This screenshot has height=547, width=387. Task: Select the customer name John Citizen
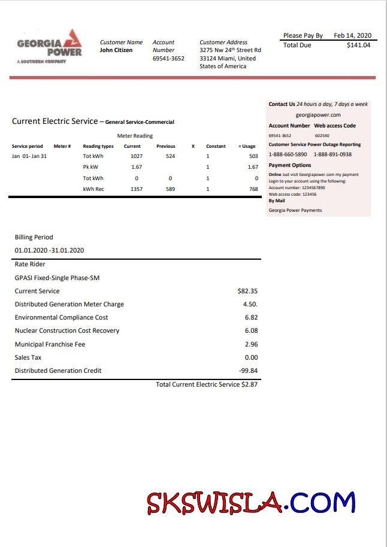(x=116, y=50)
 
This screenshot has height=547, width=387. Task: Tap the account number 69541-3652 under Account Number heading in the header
(x=168, y=59)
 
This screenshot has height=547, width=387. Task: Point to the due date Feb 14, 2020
(x=352, y=36)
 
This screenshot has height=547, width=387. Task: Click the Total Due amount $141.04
(x=358, y=45)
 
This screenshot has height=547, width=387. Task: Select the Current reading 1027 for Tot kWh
(x=137, y=156)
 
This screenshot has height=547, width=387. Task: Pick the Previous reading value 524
(x=170, y=156)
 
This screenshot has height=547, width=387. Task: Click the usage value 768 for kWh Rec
(x=253, y=189)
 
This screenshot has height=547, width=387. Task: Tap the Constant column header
(x=216, y=146)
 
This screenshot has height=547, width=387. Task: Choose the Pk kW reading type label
(x=90, y=167)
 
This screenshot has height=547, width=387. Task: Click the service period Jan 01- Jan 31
(x=29, y=156)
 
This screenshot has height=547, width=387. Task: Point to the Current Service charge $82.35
(x=247, y=291)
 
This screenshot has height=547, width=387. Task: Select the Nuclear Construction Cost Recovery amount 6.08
(x=251, y=331)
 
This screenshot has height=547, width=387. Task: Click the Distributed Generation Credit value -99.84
(x=248, y=371)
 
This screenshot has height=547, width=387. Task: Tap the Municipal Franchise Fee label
(x=50, y=345)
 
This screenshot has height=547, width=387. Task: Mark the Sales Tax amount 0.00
(x=251, y=358)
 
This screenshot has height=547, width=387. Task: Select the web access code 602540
(x=322, y=136)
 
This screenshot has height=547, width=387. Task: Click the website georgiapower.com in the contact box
(x=318, y=115)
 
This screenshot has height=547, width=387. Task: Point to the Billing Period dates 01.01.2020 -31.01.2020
(x=49, y=250)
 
